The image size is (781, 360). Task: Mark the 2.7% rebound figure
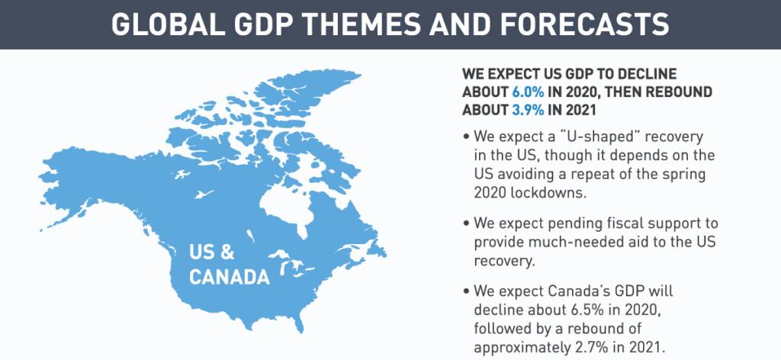595,346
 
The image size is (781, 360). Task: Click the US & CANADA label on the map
229,263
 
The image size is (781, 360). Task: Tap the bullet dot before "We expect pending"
466,223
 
